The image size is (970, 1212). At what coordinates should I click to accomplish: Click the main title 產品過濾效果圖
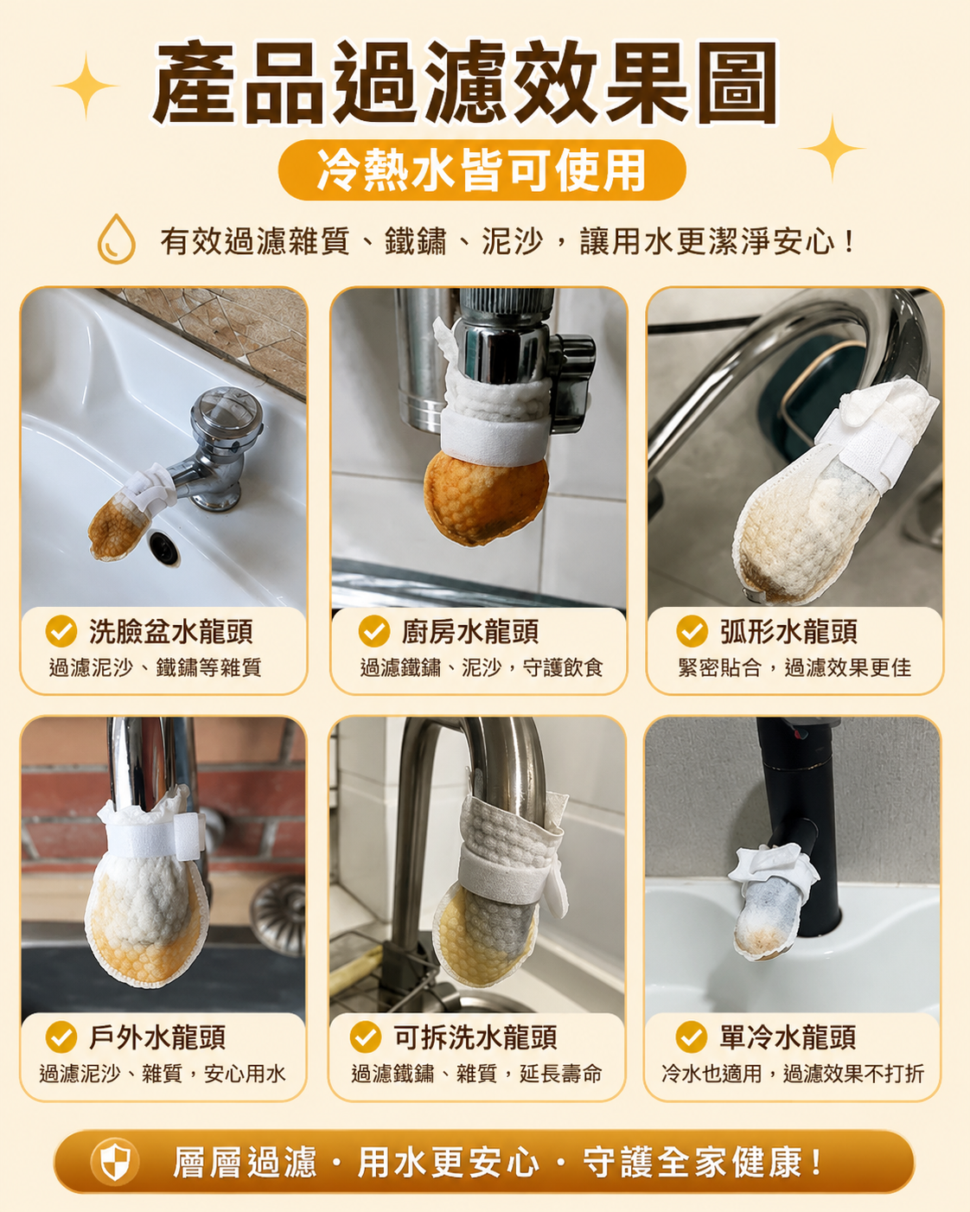(465, 82)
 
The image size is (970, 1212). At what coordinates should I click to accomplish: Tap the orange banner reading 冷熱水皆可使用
(482, 170)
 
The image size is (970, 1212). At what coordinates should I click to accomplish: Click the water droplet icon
(116, 239)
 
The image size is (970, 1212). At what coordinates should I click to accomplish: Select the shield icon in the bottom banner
(115, 1161)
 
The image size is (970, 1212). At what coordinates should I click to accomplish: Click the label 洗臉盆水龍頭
(170, 631)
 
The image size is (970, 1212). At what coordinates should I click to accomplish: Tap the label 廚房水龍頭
(469, 631)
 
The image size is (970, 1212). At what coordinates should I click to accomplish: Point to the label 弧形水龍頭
(788, 631)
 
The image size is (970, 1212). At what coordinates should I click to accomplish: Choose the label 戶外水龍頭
(157, 1037)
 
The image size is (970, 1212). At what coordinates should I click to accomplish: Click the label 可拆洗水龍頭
(475, 1037)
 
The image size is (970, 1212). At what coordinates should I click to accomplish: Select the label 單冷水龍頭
(788, 1037)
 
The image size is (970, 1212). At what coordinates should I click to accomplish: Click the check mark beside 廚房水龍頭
(374, 631)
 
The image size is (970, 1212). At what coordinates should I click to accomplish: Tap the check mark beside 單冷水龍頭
(691, 1037)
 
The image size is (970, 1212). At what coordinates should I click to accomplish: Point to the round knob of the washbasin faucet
(227, 414)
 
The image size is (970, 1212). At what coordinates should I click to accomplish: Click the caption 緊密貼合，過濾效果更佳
(795, 668)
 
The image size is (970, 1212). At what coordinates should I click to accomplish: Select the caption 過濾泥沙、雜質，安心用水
(163, 1074)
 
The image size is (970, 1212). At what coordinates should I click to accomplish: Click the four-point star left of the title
(86, 86)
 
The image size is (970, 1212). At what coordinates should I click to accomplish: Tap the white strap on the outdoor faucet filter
(152, 836)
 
